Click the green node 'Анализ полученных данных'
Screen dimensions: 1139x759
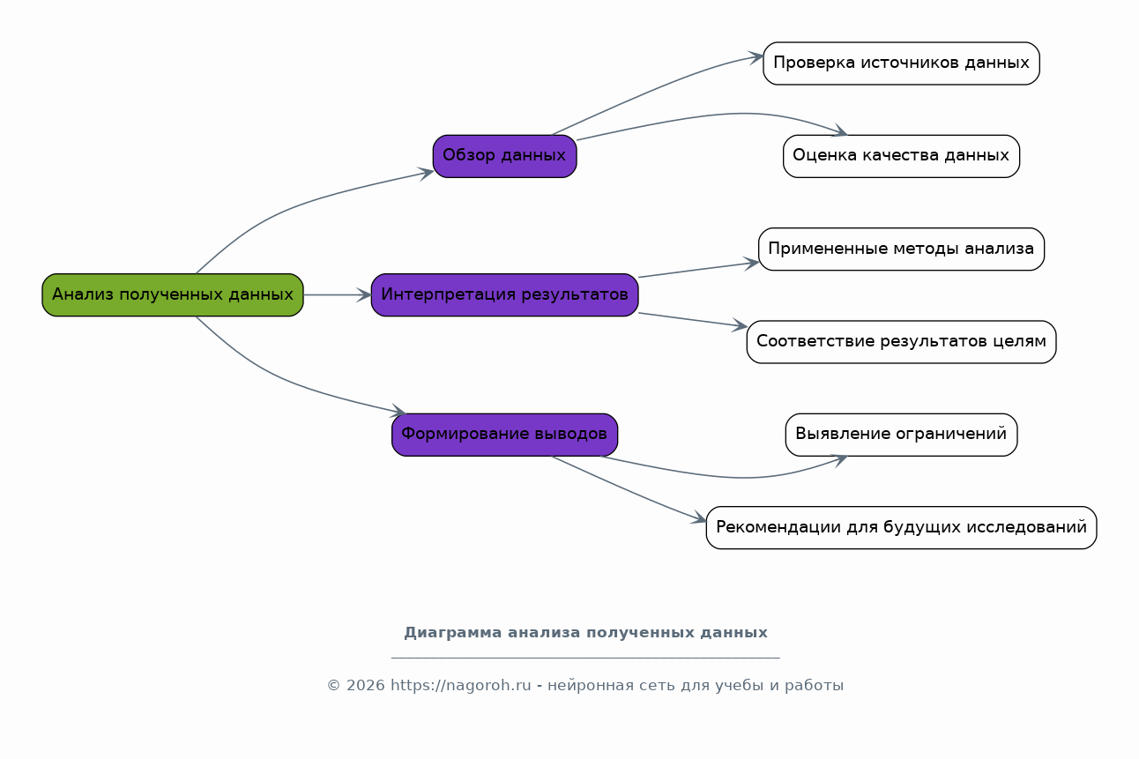pos(173,294)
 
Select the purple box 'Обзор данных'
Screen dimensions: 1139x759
pos(504,156)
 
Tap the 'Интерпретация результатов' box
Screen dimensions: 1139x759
pos(504,294)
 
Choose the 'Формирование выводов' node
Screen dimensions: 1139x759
pos(504,435)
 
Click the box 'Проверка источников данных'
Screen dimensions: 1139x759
pos(901,63)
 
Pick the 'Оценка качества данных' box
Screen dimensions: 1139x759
pos(901,156)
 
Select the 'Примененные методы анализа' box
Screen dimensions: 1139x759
pos(901,249)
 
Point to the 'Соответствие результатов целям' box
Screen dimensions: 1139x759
pos(901,342)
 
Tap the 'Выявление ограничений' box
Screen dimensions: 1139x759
pos(901,435)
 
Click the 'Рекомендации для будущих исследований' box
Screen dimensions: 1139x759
pos(901,528)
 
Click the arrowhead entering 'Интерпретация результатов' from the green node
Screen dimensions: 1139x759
pos(364,294)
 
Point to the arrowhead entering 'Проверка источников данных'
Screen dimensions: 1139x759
pos(756,58)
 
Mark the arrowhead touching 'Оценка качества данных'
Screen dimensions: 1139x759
pos(839,130)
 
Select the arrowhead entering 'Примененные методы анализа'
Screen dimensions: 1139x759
pos(751,264)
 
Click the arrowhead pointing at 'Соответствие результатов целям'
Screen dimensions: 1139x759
pos(740,325)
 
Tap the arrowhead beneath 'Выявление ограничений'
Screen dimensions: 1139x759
pos(839,460)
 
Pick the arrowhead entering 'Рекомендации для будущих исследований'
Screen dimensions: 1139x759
pos(699,518)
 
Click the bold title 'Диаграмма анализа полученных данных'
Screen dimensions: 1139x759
pos(585,633)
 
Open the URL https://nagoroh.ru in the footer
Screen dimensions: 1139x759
pos(461,686)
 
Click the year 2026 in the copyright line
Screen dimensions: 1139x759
pos(366,686)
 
